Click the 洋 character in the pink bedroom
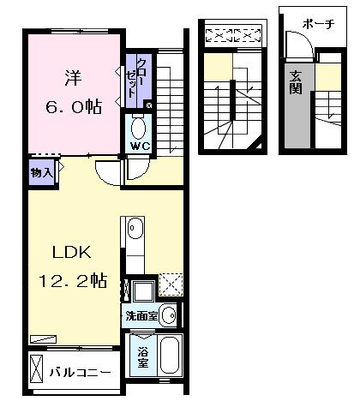pyautogui.click(x=71, y=76)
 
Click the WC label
pyautogui.click(x=139, y=145)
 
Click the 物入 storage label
pyautogui.click(x=42, y=172)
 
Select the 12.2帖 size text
pyautogui.click(x=72, y=280)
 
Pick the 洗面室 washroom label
pyautogui.click(x=141, y=314)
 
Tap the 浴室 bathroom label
pyautogui.click(x=139, y=355)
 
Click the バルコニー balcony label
pyautogui.click(x=79, y=373)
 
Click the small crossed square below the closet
pyautogui.click(x=149, y=105)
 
